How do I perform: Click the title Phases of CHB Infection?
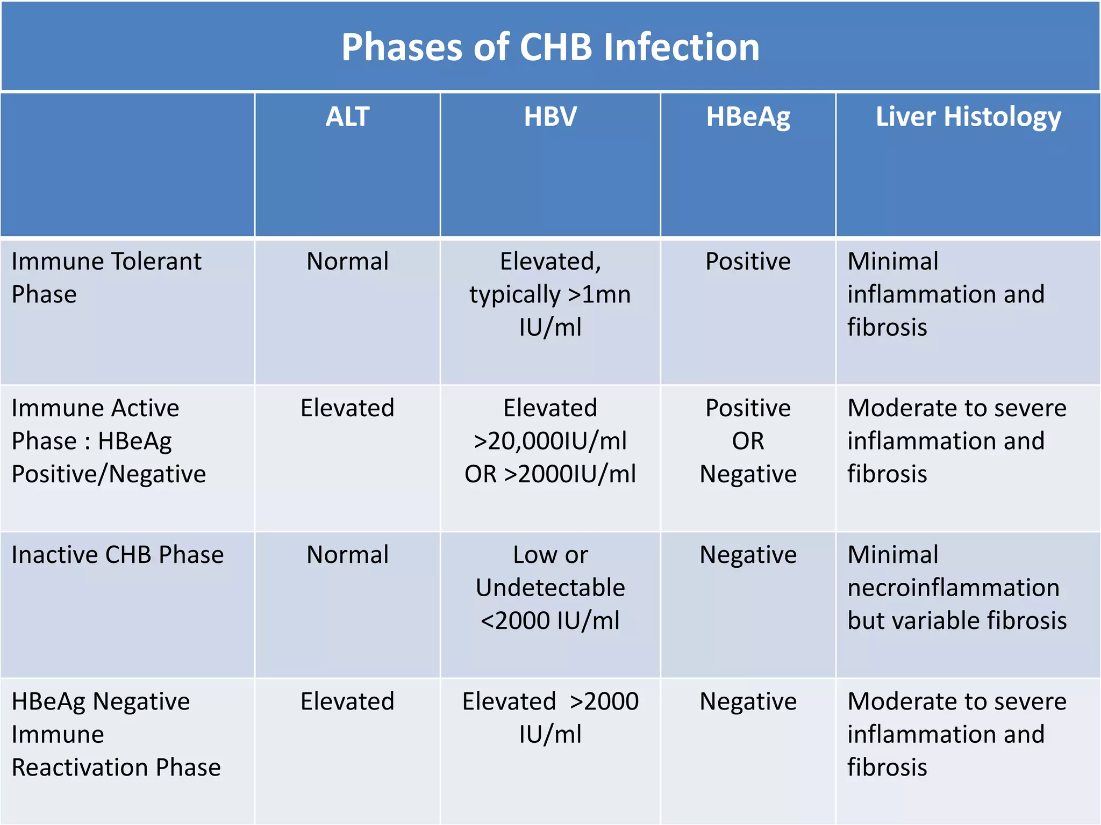click(x=550, y=47)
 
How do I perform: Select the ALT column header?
click(x=347, y=117)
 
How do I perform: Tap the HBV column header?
click(x=550, y=117)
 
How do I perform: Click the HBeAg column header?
click(x=748, y=117)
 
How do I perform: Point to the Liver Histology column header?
click(x=968, y=117)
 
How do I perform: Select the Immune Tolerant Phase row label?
click(x=106, y=277)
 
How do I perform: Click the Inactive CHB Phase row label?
click(x=117, y=555)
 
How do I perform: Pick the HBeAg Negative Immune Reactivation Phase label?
click(x=116, y=734)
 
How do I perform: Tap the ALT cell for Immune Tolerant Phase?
click(x=347, y=262)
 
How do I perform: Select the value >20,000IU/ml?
click(x=550, y=441)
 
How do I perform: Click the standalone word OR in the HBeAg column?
click(x=748, y=441)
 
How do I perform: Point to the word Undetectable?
click(x=550, y=588)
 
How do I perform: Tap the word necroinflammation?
click(x=953, y=588)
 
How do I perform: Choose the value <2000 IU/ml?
click(x=550, y=621)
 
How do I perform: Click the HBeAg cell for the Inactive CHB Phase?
click(x=748, y=555)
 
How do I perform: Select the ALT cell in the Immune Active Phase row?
click(x=347, y=408)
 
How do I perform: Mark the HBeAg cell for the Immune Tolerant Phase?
click(x=748, y=262)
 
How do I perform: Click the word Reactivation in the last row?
click(x=81, y=768)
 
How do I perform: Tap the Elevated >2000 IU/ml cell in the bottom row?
click(x=550, y=718)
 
